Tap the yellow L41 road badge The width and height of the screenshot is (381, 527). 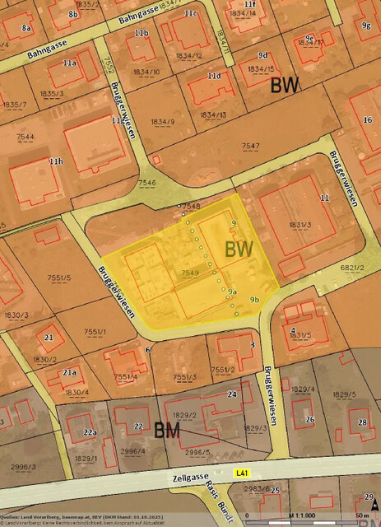click(x=241, y=473)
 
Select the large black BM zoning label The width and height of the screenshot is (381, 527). click(x=169, y=429)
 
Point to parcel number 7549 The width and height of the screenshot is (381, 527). click(x=189, y=272)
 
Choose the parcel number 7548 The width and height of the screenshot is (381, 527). click(x=191, y=205)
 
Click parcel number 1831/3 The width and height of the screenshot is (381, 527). click(x=299, y=225)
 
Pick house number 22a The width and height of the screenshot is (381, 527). click(x=89, y=432)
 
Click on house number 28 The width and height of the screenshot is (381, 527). click(x=362, y=422)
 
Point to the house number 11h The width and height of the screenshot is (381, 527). click(x=55, y=161)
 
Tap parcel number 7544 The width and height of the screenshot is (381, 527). click(x=25, y=137)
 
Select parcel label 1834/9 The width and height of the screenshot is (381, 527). click(x=163, y=122)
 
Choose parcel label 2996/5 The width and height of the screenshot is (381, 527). click(x=197, y=452)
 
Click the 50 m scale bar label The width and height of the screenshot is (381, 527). click(x=361, y=515)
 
